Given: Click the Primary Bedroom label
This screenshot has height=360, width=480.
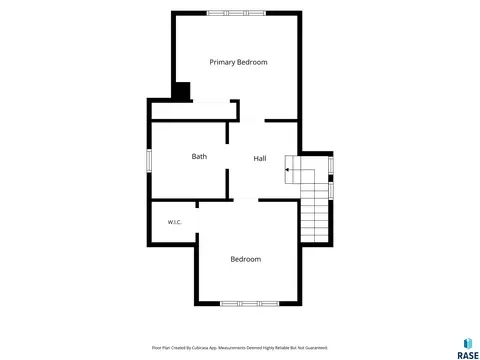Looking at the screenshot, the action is tap(238, 62).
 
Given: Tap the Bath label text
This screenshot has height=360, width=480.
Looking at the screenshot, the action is tap(199, 156).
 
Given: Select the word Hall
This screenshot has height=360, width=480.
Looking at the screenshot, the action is tap(260, 158).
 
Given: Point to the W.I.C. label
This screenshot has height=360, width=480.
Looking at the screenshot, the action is tap(175, 222).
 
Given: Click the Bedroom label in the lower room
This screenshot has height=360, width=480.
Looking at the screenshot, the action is tap(246, 259).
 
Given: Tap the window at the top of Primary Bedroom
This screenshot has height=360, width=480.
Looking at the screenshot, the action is tap(236, 13).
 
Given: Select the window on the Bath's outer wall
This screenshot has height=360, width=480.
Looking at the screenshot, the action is tap(149, 161).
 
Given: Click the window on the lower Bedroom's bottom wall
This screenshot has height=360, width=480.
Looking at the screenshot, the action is tap(250, 304).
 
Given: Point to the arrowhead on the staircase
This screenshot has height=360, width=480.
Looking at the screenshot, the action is tap(287, 170).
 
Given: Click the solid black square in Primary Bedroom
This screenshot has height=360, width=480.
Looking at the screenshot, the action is tap(182, 91).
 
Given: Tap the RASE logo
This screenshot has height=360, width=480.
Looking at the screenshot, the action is tap(468, 349).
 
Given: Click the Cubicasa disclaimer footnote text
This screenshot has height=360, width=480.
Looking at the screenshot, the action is tap(240, 348).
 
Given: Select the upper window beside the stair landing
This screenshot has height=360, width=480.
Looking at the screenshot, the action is tap(331, 165).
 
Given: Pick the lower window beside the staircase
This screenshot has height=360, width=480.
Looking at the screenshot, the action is tap(331, 191).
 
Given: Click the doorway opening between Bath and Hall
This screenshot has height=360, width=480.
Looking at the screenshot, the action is tap(227, 156).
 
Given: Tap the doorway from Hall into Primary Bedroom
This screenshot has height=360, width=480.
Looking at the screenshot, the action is tap(252, 120).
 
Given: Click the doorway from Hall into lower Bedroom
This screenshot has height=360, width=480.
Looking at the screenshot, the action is tap(246, 200).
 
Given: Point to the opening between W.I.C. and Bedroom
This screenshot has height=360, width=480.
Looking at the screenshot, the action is tap(197, 220).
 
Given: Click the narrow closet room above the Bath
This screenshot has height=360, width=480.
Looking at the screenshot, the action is tap(194, 111).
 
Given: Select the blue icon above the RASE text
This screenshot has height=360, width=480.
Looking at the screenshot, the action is tap(468, 343).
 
